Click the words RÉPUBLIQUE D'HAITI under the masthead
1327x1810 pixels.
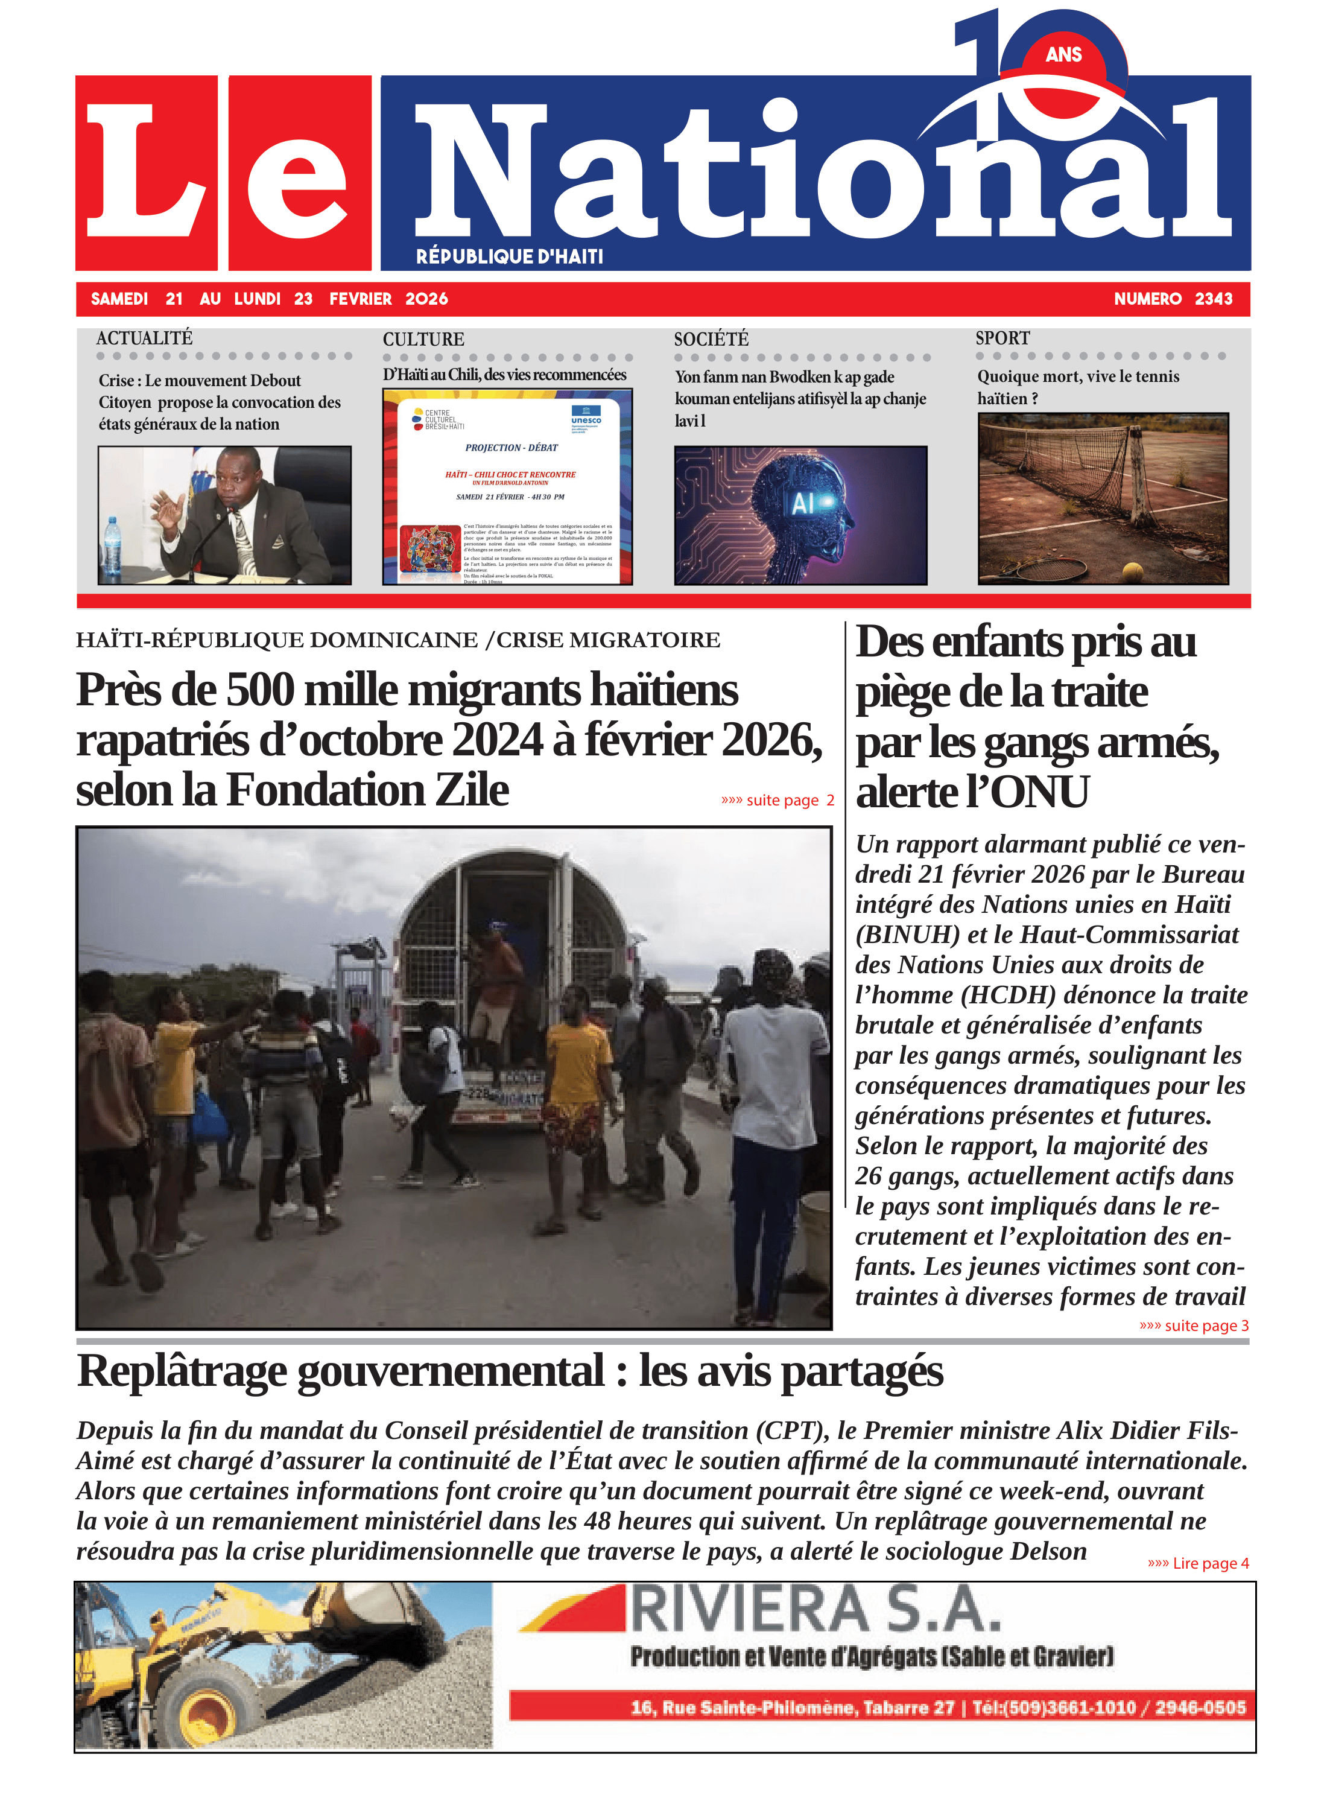coord(509,256)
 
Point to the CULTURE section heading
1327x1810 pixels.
coord(423,339)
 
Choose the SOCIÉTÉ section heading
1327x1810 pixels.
coord(711,339)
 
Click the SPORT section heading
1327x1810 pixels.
coord(1002,338)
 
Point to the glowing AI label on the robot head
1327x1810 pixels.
coord(803,503)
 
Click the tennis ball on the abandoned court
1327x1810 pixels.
coord(1133,571)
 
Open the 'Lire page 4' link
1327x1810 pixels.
coord(1198,1563)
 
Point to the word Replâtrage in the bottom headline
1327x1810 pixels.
coord(182,1371)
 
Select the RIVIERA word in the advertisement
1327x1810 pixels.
coord(749,1610)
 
